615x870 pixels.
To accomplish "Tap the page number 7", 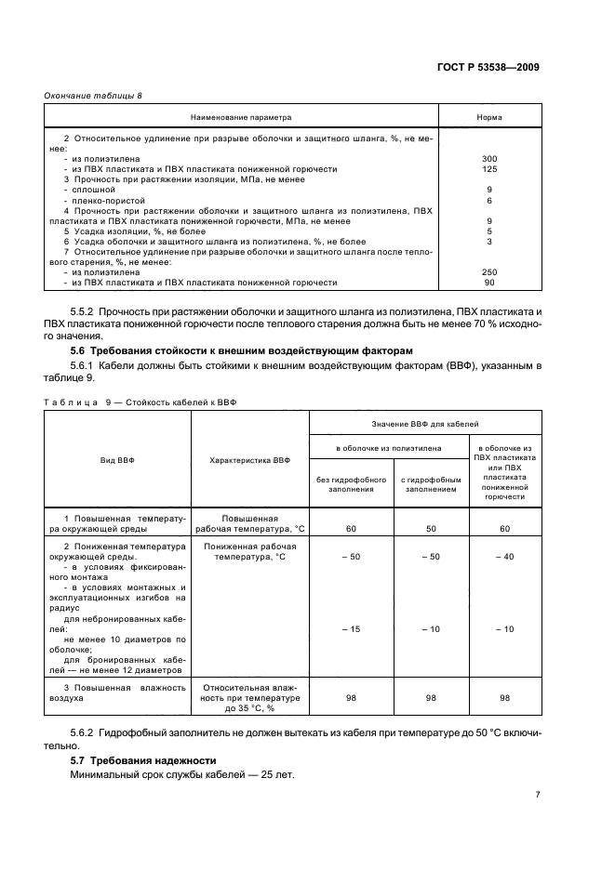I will point(538,794).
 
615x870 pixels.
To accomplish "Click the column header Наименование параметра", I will point(241,118).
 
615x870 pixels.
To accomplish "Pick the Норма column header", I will point(489,118).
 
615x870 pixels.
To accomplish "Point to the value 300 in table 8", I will point(489,159).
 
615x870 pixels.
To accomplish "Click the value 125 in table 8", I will point(489,169).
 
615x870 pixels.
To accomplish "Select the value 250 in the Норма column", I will point(489,271).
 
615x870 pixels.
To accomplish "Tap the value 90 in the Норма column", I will point(489,282).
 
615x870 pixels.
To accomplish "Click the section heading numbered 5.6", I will point(211,349).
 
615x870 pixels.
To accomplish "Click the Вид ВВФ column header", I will point(117,459).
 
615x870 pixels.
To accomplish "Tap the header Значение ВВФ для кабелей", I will point(425,423).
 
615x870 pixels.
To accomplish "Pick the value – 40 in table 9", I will point(504,556).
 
